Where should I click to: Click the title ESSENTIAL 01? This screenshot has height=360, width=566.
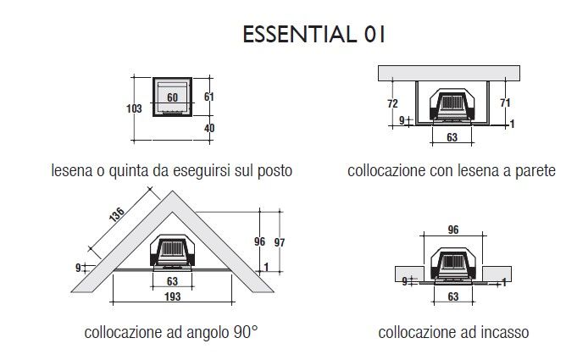point(314,35)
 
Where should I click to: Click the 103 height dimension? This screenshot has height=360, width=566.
point(134,108)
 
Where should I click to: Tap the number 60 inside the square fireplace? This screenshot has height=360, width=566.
point(173,97)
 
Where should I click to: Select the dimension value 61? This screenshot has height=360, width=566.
point(209,97)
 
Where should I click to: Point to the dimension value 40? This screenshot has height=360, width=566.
point(209,128)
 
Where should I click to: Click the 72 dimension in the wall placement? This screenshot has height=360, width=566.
point(392,103)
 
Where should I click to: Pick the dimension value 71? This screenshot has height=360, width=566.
point(505,102)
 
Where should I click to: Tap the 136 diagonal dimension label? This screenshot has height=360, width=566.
point(117,214)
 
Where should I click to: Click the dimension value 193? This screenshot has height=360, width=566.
point(173,296)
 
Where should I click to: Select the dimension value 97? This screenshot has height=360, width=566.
point(280,242)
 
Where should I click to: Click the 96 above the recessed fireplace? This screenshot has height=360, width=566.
point(453,230)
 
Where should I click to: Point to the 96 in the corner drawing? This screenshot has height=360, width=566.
point(259,241)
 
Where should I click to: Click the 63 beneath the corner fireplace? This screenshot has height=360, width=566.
point(173,281)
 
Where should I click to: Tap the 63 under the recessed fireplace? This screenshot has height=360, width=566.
point(453,296)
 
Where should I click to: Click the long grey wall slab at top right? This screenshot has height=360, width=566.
point(449,73)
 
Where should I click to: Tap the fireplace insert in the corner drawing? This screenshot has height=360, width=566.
point(173,252)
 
